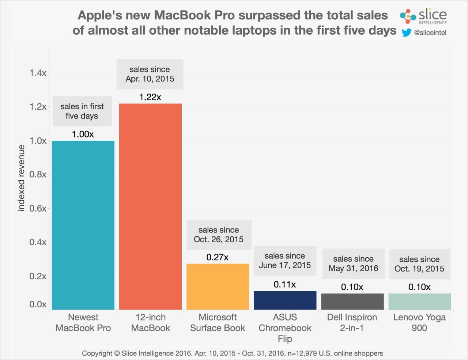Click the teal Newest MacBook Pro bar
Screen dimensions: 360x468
click(83, 225)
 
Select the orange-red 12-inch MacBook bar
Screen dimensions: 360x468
click(150, 206)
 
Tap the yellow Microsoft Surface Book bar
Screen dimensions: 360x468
click(218, 287)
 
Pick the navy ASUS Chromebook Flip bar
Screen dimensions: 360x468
click(285, 300)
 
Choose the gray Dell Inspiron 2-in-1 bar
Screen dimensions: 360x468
click(352, 301)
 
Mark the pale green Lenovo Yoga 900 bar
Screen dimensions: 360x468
click(419, 301)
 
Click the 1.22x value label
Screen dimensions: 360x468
click(150, 97)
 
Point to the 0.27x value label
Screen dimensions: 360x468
click(218, 257)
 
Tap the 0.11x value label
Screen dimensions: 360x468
click(285, 284)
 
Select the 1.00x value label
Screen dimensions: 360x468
click(83, 134)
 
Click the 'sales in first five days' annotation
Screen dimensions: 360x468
click(82, 111)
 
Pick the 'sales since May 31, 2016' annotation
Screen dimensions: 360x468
click(353, 264)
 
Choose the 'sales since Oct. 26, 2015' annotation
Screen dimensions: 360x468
click(219, 235)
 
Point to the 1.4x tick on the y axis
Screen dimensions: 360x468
click(38, 73)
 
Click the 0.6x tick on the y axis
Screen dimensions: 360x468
click(38, 208)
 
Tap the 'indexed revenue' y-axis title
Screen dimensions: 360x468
click(21, 178)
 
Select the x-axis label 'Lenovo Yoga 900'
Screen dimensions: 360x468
click(419, 322)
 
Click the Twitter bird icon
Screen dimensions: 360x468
click(406, 33)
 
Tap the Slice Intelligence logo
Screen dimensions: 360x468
click(423, 16)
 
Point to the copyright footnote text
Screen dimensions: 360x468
click(233, 353)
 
